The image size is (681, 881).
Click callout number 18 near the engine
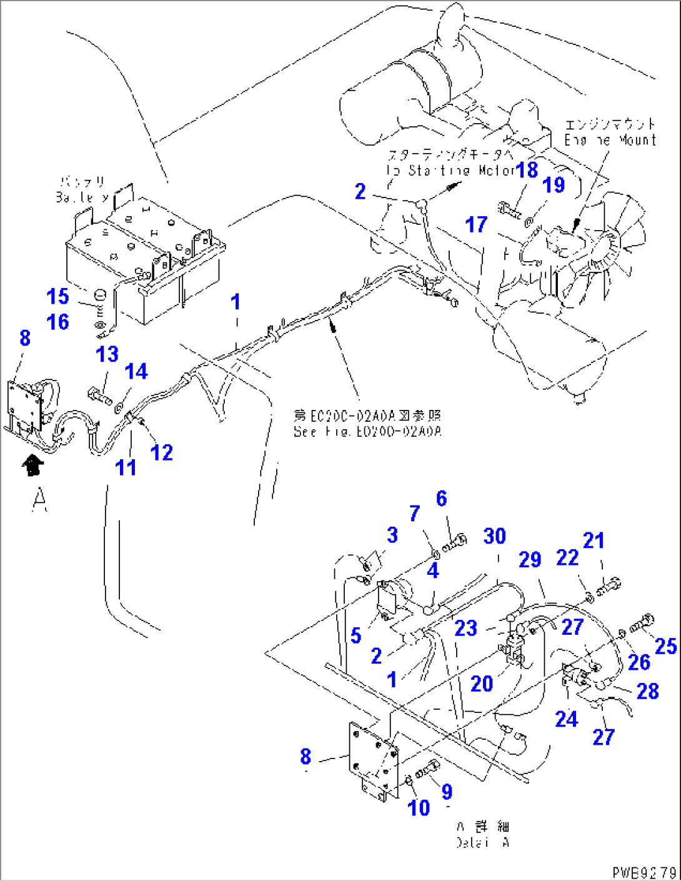tap(527, 169)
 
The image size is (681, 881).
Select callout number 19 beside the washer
tap(554, 185)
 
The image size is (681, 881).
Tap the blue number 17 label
tap(477, 224)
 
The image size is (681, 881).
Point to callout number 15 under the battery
tap(58, 296)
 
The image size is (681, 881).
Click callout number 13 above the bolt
tap(107, 354)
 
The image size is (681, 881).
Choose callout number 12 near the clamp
tap(162, 452)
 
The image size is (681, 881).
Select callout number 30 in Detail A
tap(494, 536)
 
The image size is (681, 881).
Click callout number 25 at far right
tap(665, 646)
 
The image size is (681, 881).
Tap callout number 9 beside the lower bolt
tap(447, 792)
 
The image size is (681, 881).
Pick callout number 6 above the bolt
tap(441, 499)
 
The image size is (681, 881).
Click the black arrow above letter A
tap(32, 465)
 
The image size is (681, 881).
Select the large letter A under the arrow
tap(39, 500)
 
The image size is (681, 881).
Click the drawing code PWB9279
tap(644, 872)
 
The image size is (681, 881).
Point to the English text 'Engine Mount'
tap(610, 140)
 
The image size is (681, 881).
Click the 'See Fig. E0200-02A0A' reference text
tap(367, 431)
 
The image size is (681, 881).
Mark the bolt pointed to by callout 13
tap(99, 395)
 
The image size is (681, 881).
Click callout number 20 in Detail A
tap(482, 684)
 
